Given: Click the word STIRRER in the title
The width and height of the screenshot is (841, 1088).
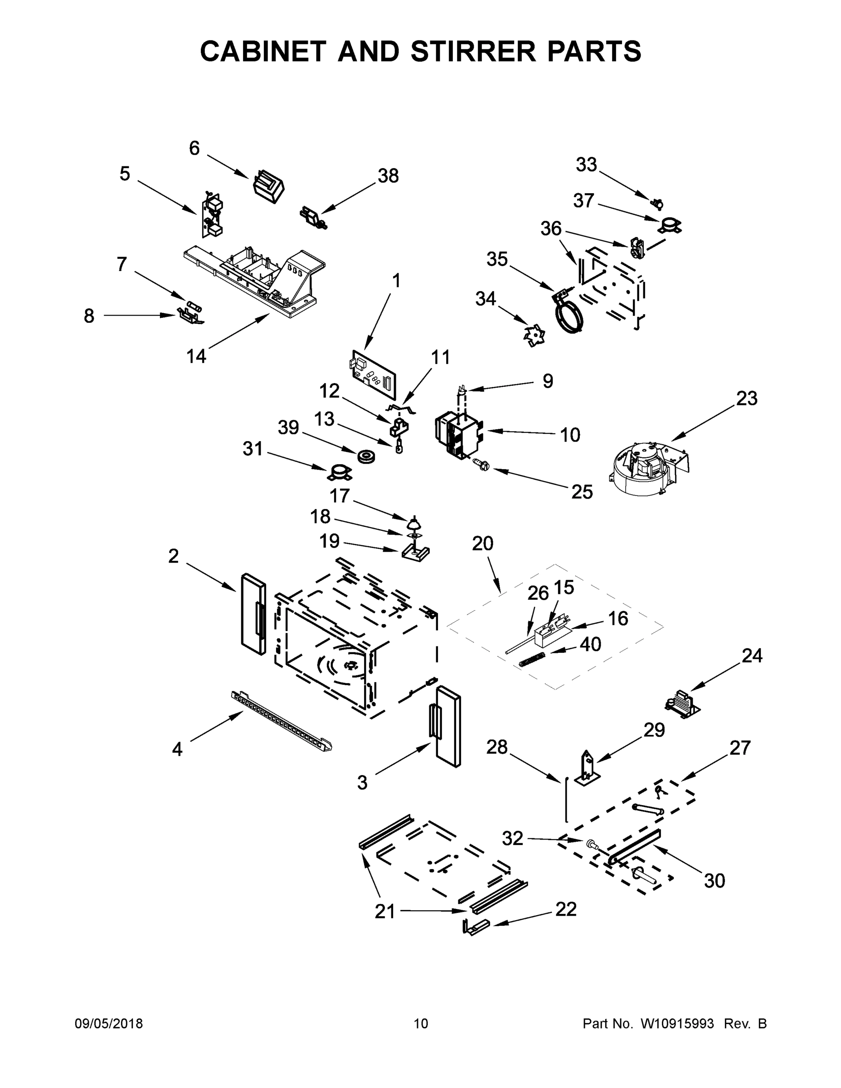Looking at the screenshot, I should coord(474,51).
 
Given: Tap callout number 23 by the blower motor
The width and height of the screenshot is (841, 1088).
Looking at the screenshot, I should coord(746,398).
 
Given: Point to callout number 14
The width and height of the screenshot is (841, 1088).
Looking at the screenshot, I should coord(196,356).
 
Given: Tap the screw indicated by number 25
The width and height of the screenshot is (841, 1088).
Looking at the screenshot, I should coord(482,466).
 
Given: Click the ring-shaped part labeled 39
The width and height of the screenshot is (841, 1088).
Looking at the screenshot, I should coord(366,455).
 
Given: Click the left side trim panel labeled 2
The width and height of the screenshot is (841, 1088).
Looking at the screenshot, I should coord(253,614).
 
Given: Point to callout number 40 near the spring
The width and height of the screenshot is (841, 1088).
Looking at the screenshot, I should coord(590,645).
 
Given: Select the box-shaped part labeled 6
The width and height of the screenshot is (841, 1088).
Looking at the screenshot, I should coord(268,187).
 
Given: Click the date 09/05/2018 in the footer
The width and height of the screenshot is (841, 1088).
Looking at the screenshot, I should coord(109,1024).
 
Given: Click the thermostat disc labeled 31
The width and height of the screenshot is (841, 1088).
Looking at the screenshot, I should coord(339,472).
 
